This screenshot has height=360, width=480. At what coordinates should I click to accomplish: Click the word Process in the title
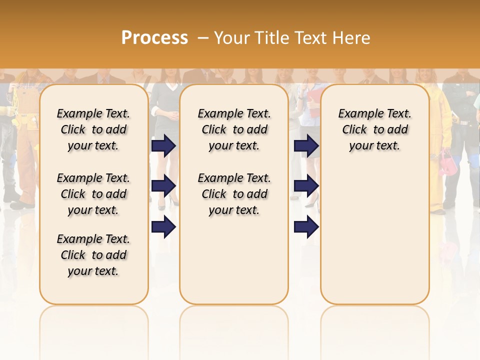point(154,37)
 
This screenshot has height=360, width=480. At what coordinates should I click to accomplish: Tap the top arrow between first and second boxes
point(163,145)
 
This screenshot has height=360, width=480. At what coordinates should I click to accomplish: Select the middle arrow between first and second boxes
point(163,186)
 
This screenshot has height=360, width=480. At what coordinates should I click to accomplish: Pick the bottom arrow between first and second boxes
point(163,227)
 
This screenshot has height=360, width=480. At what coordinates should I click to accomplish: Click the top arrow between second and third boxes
point(306,145)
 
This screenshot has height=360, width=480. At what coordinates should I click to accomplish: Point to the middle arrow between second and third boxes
point(306,186)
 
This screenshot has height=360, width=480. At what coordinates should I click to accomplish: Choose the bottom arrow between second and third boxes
point(306,227)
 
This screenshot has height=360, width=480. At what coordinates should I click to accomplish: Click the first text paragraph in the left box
point(93,129)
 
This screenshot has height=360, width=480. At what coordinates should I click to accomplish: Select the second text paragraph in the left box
point(93,194)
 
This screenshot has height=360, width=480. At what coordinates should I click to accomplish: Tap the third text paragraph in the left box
point(93,255)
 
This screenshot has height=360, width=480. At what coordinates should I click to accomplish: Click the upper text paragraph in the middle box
point(234,129)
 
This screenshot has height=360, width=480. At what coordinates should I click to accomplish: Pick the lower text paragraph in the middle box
point(234,194)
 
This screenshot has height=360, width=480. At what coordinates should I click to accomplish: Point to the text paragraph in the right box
point(374,129)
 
